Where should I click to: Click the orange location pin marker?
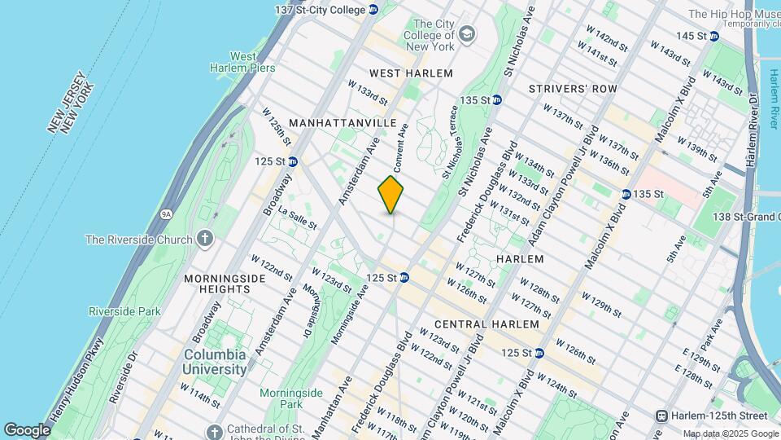391,195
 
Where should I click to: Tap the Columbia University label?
215,362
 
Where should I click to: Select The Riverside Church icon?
205,239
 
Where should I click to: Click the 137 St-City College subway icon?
373,9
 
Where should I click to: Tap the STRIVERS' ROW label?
572,88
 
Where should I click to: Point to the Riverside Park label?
124,311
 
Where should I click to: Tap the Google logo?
27,429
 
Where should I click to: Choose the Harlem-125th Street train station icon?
662,416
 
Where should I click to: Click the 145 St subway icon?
713,36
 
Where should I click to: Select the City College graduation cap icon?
466,33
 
